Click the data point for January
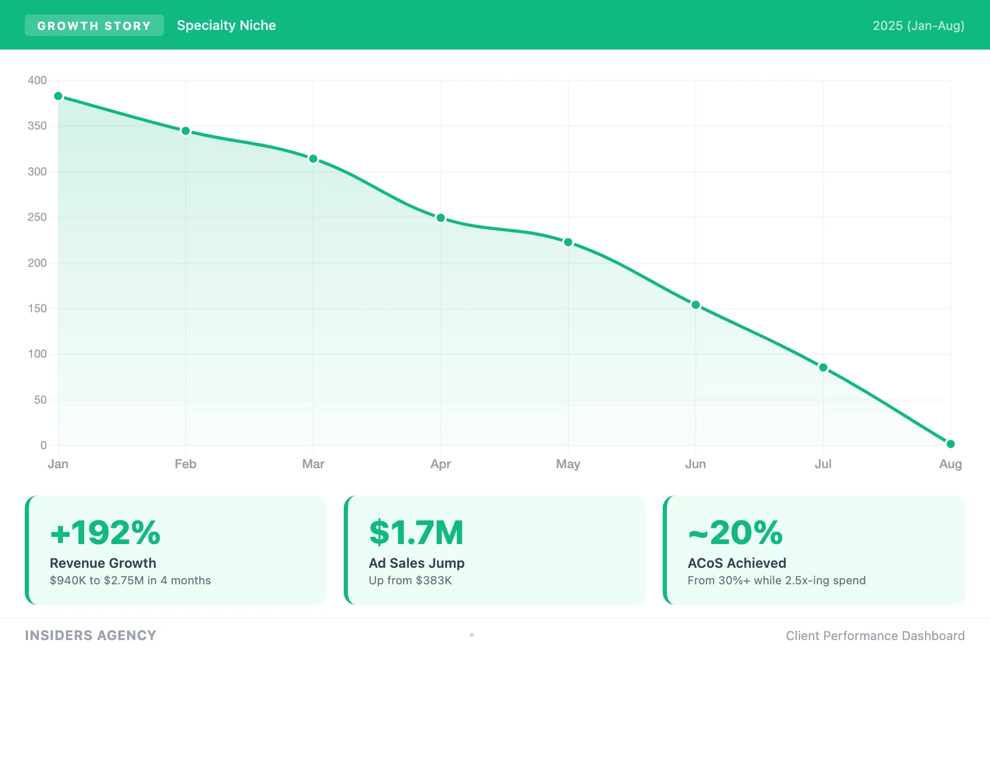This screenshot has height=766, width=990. (58, 97)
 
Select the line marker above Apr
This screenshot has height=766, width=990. (441, 218)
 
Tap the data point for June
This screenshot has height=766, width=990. (696, 305)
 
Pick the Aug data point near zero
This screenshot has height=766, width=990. (951, 444)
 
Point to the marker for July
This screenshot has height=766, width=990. (823, 368)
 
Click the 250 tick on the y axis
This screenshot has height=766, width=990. (37, 217)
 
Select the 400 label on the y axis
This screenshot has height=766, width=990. (37, 81)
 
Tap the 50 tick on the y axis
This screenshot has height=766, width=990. (40, 400)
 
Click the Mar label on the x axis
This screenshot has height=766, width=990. (313, 464)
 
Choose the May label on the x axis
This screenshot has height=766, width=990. (568, 464)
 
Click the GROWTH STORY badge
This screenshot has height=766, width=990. (94, 26)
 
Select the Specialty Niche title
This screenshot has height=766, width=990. (226, 26)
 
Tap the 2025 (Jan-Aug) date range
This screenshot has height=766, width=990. (918, 26)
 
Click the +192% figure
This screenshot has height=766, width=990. (105, 533)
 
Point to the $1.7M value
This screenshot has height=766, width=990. (417, 533)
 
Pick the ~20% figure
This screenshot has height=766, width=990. (736, 533)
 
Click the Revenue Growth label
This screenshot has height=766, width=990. (103, 563)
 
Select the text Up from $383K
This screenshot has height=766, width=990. (410, 581)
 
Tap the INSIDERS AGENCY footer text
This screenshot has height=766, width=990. (91, 635)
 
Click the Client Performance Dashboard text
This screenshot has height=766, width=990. (875, 636)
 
